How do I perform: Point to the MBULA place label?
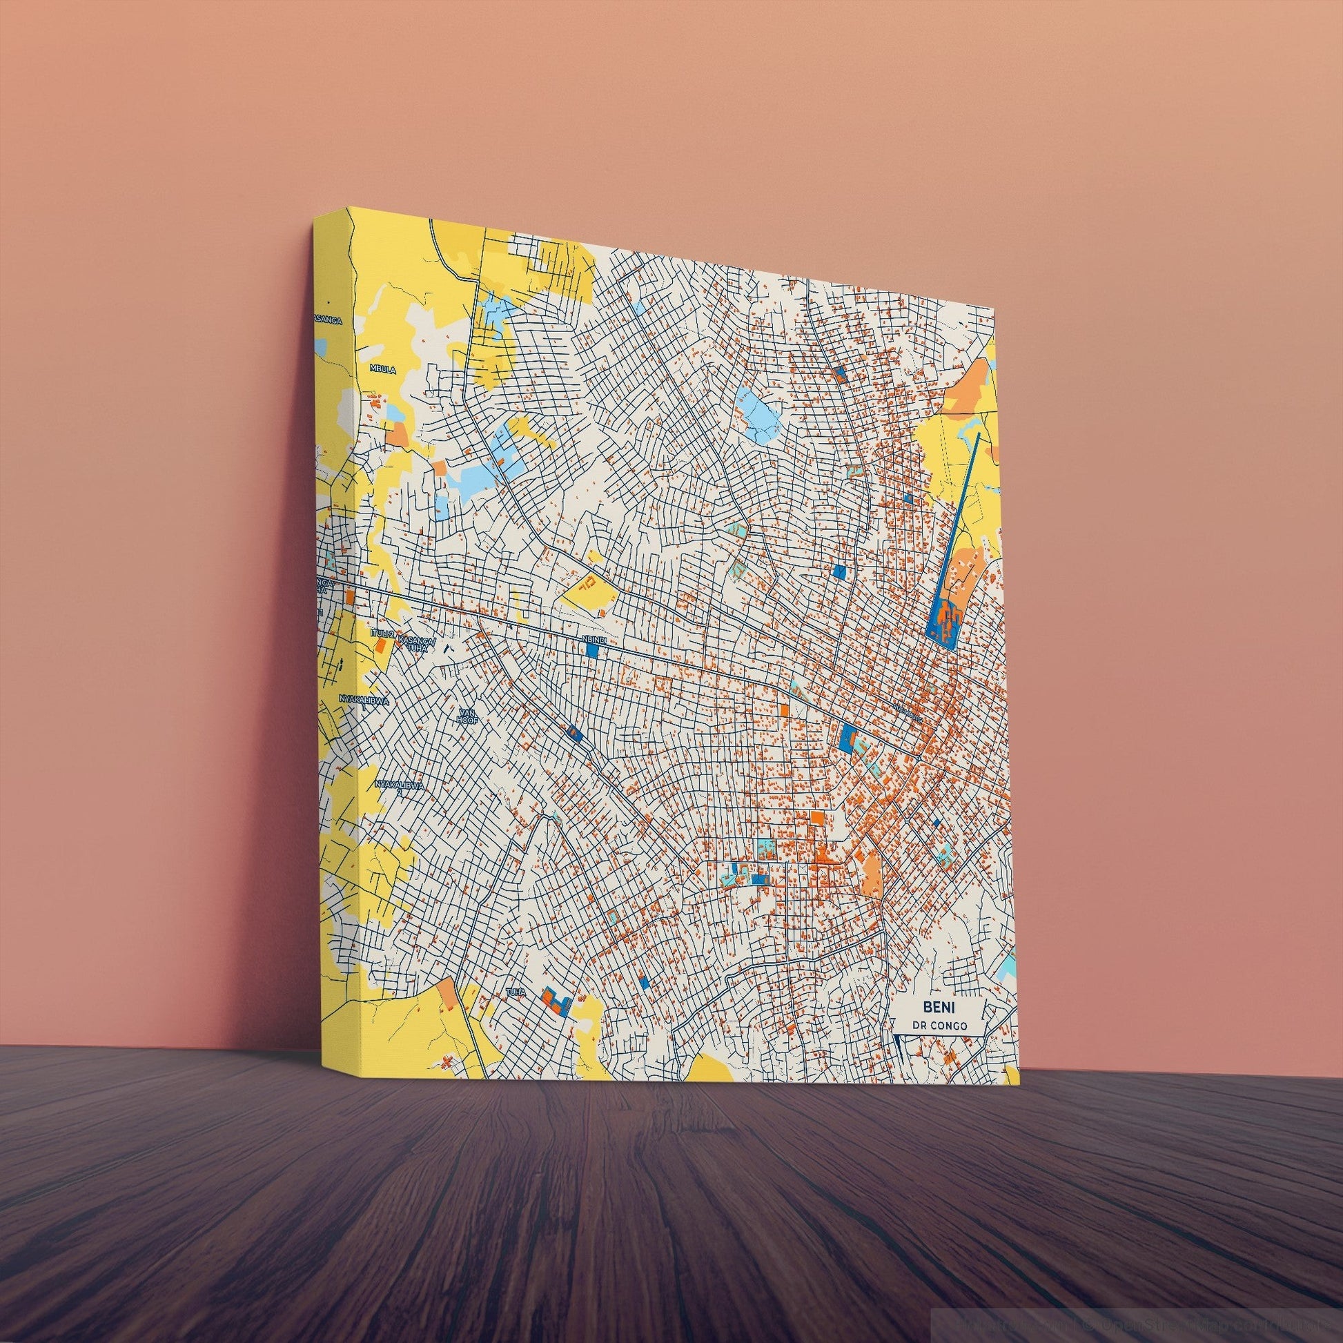383,370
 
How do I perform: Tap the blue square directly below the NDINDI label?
593,651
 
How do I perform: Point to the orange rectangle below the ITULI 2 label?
380,646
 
